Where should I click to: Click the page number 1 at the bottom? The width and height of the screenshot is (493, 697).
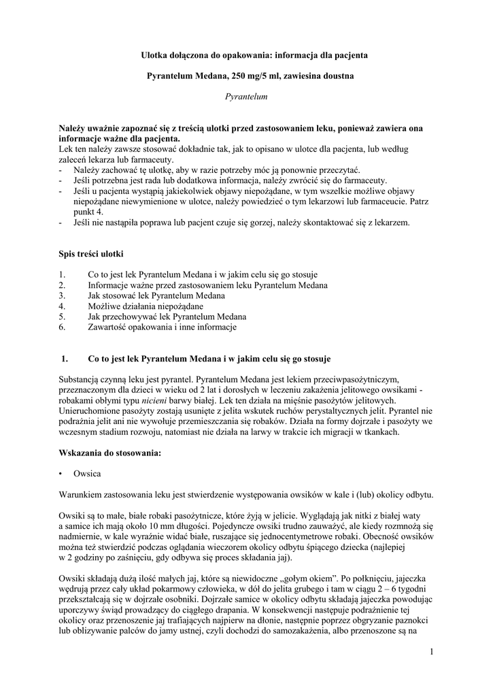pyautogui.click(x=431, y=653)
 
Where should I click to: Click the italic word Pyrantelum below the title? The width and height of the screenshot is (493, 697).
pyautogui.click(x=246, y=97)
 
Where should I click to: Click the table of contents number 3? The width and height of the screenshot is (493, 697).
pyautogui.click(x=63, y=296)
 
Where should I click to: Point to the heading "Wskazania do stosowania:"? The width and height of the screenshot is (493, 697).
pyautogui.click(x=110, y=454)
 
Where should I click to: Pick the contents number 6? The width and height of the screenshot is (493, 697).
pyautogui.click(x=63, y=327)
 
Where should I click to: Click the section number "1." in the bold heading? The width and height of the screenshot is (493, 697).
pyautogui.click(x=66, y=358)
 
